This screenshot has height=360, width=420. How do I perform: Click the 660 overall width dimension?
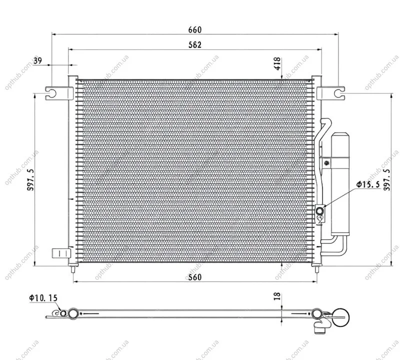194,29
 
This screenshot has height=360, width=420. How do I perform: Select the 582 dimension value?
194,44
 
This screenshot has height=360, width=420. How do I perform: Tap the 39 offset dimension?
38,60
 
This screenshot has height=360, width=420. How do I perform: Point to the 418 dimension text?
277,63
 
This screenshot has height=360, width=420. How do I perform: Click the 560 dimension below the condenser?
194,277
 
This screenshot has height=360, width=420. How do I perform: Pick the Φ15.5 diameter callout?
368,184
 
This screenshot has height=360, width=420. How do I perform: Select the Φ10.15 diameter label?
43,298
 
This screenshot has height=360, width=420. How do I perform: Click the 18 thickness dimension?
277,296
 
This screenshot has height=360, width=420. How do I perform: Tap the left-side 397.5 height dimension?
31,179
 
